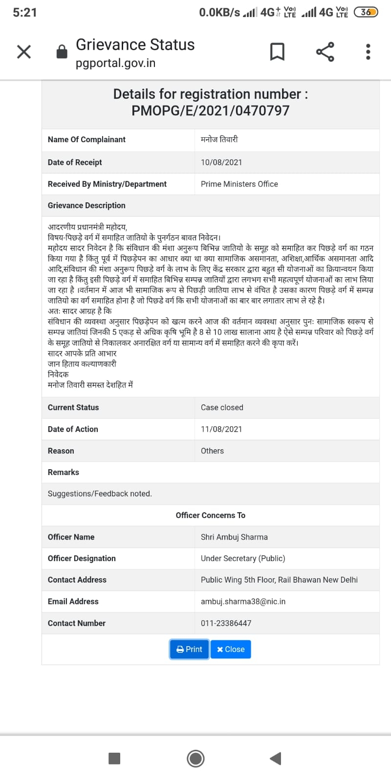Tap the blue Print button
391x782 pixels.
click(x=189, y=649)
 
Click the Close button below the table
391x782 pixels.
click(x=231, y=649)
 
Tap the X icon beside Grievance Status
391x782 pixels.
click(x=23, y=52)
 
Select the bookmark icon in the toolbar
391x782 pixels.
click(x=277, y=52)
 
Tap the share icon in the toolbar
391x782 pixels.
click(x=325, y=52)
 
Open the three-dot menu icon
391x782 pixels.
click(x=368, y=52)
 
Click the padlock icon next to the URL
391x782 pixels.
click(x=62, y=51)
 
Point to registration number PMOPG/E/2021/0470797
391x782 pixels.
click(x=210, y=110)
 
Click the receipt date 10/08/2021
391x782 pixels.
click(x=221, y=162)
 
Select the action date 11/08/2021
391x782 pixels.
click(x=221, y=429)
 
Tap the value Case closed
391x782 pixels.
click(x=222, y=408)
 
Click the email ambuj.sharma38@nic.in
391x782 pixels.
click(x=243, y=602)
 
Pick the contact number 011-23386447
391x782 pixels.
click(x=226, y=623)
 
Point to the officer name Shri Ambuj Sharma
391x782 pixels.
click(x=234, y=537)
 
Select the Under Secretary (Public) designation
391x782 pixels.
click(x=243, y=558)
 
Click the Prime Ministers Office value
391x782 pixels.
click(x=239, y=184)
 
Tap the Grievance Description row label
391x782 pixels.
click(x=87, y=205)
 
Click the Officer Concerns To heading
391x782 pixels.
click(x=210, y=515)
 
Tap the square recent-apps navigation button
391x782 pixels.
click(x=114, y=759)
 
